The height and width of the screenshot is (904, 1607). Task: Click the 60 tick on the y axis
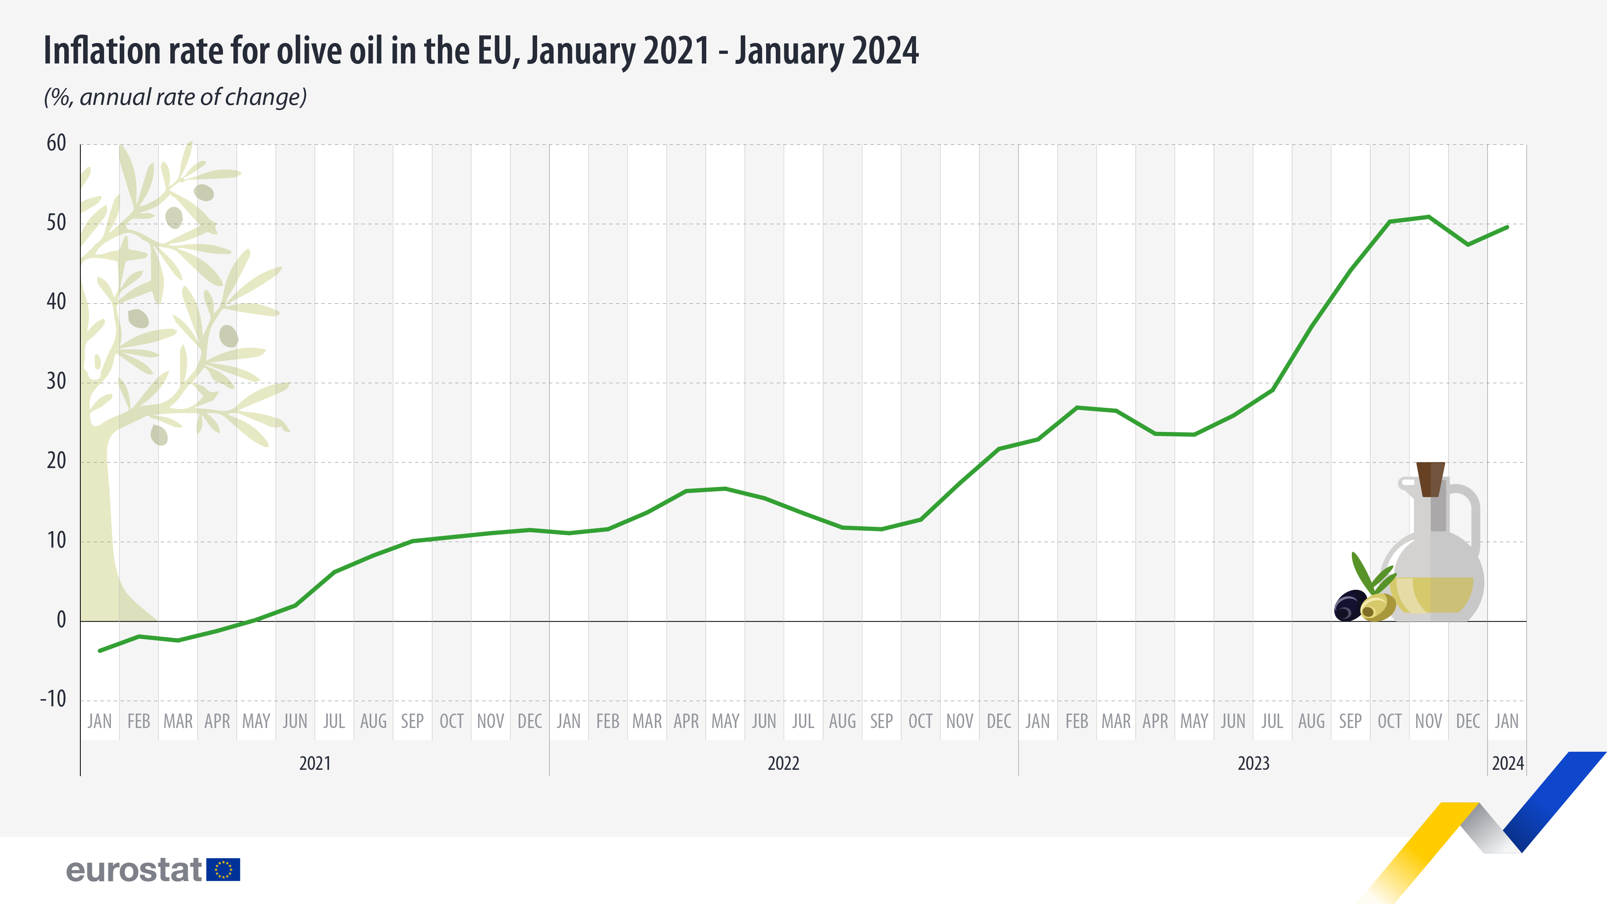56,143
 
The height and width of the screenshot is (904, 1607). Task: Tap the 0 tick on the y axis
61,620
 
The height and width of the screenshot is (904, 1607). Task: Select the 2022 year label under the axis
783,763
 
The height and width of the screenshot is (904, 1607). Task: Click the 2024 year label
1507,763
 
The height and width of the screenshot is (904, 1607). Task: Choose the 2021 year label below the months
315,763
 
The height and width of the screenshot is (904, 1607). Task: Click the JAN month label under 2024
1507,721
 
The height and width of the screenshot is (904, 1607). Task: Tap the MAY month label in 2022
725,721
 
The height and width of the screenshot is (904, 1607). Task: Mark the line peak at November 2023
1429,217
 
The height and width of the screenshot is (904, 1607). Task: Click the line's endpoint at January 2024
1507,227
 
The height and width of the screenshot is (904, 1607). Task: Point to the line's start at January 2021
100,651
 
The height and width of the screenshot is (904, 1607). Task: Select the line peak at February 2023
1077,407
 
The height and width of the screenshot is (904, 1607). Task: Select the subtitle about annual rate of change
175,97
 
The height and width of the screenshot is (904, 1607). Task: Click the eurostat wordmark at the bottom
134,869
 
